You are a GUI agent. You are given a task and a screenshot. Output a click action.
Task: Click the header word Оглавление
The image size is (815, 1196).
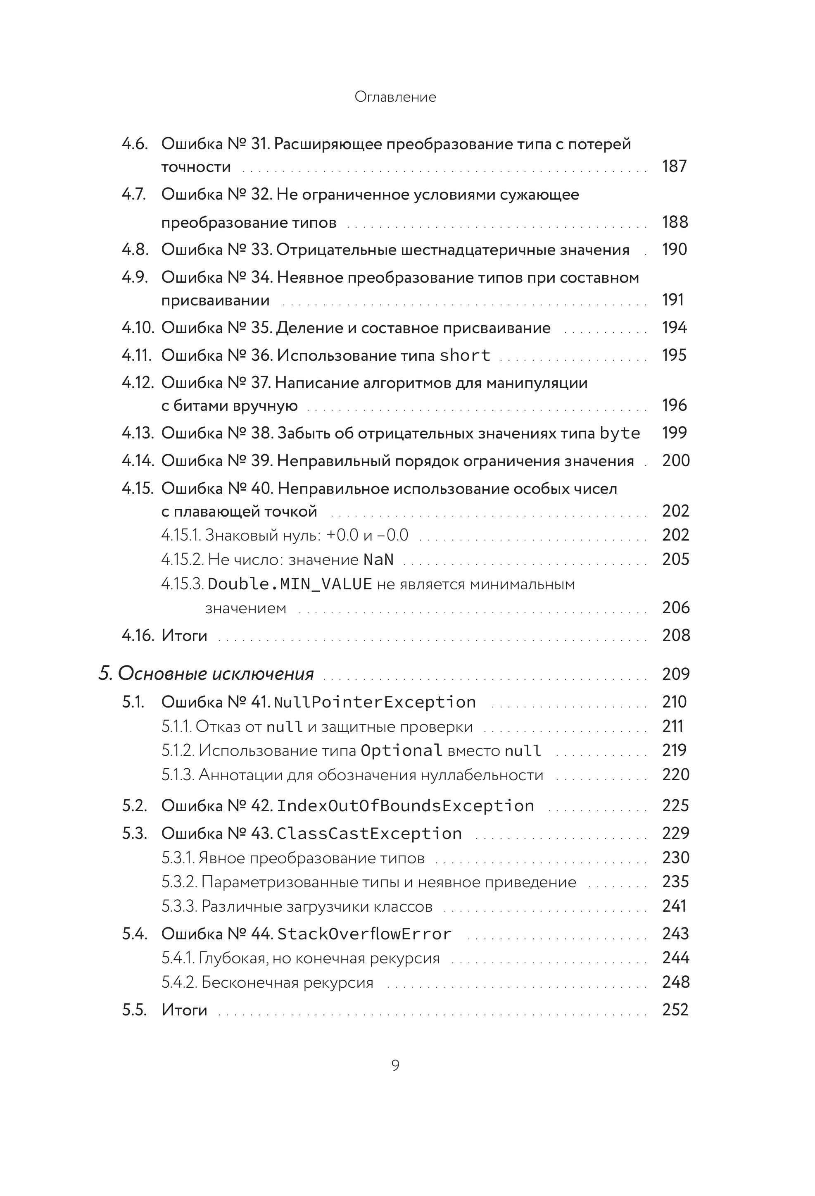(x=395, y=97)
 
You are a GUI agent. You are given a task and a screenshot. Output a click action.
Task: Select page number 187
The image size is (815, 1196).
(x=674, y=166)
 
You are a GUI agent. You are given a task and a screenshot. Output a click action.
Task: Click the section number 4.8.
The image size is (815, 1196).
(x=135, y=250)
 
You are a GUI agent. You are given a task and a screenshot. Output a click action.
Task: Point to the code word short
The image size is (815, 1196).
(x=465, y=355)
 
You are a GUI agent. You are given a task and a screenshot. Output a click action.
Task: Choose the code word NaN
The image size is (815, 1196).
(x=378, y=560)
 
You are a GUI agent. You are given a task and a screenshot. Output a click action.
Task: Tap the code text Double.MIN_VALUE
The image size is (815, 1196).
(x=290, y=584)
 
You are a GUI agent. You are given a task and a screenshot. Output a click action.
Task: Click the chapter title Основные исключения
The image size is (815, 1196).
(x=216, y=674)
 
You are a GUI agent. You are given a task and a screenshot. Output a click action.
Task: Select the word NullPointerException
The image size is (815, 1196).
(x=375, y=702)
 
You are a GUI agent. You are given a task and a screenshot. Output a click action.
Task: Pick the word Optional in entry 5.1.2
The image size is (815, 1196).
(x=402, y=750)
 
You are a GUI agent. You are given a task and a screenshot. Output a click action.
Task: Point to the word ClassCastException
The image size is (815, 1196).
(x=369, y=833)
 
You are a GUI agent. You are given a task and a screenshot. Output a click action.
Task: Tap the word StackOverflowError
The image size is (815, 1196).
(x=364, y=934)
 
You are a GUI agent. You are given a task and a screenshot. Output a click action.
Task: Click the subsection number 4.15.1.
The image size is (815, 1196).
(x=181, y=535)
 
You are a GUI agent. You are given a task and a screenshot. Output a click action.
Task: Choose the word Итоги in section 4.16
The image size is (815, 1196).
(x=184, y=636)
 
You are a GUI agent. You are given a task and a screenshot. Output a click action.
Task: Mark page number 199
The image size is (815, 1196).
(x=674, y=433)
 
